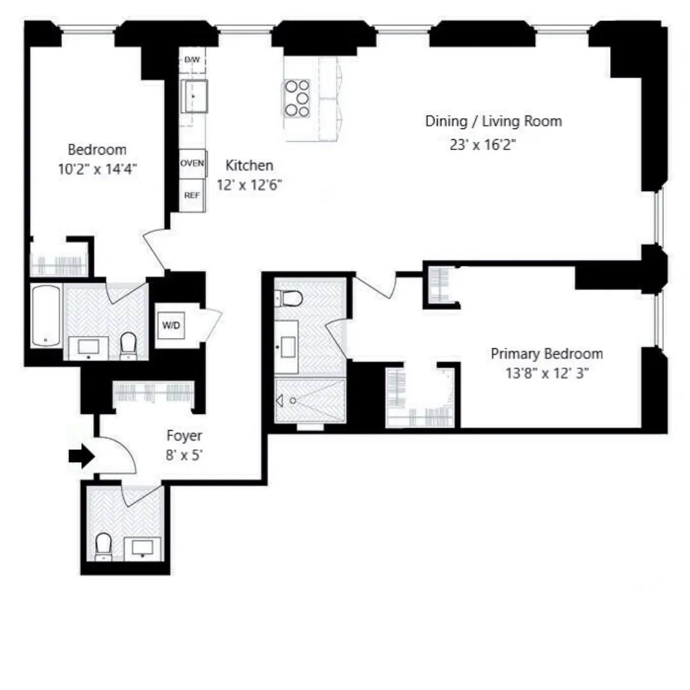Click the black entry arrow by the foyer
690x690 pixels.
point(81,456)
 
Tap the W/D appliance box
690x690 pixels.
point(171,326)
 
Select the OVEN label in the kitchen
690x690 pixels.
point(192,164)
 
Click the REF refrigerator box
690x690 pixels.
point(192,195)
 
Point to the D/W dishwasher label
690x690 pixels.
point(192,59)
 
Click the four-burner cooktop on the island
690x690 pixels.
point(297,98)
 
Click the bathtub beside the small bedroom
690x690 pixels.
point(45,316)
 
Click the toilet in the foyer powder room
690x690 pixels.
point(103,546)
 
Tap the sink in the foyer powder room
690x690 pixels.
point(142,548)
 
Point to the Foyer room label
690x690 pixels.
point(184,436)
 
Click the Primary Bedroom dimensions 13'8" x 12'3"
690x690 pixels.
point(546,373)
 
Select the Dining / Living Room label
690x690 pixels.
point(493,121)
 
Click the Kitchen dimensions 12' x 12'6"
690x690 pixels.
point(250,185)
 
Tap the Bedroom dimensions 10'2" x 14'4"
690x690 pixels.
point(97,169)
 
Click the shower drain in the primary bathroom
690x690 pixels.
point(293,401)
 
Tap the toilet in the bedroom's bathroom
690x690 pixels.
point(129,345)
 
